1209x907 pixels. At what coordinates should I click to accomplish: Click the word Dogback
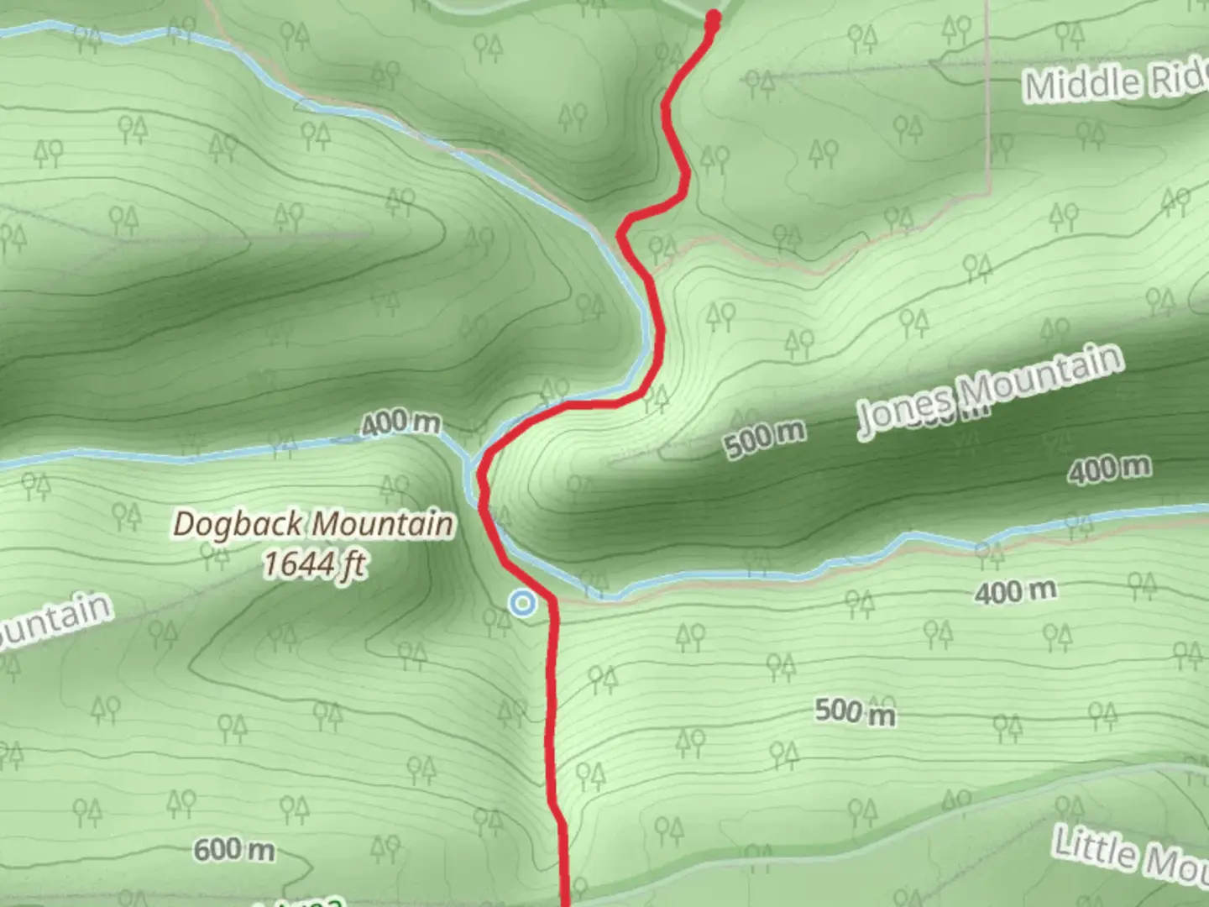[x=238, y=525]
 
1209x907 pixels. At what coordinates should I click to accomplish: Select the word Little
[x=1091, y=847]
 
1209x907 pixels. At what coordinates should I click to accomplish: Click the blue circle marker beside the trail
[x=523, y=603]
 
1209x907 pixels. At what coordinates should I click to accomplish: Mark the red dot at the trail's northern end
[x=714, y=18]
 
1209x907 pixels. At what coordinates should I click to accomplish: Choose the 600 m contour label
[x=234, y=851]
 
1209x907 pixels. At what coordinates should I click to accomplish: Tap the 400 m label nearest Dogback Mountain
[x=400, y=422]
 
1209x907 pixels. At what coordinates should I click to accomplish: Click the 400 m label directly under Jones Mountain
[x=1109, y=469]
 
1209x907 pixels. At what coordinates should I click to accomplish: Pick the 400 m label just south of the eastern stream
[x=1015, y=592]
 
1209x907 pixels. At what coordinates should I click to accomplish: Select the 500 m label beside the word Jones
[x=765, y=437]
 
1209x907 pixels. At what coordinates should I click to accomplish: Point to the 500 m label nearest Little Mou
[x=855, y=712]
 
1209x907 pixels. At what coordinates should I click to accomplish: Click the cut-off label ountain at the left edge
[x=52, y=619]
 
